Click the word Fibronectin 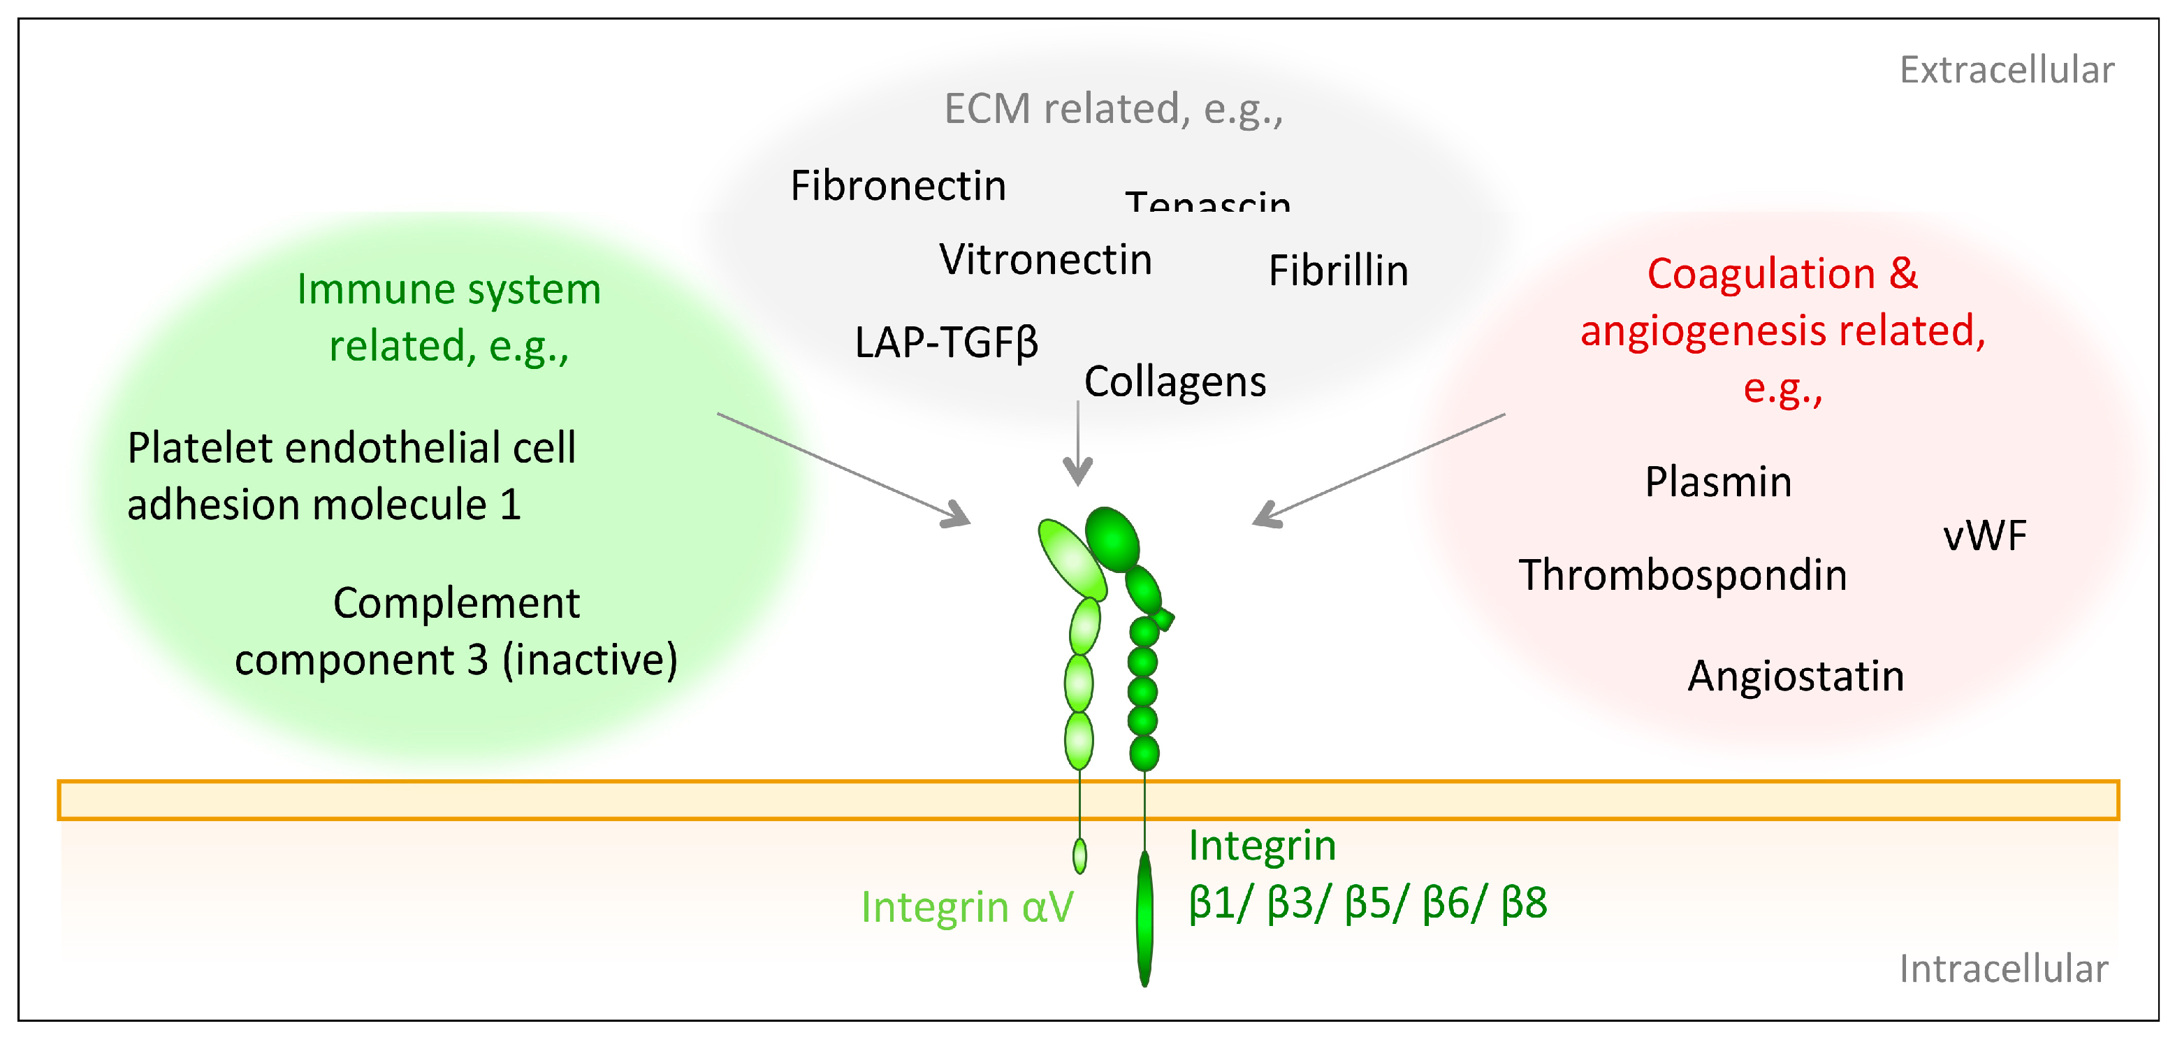click(x=898, y=186)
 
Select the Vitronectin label click(x=1045, y=259)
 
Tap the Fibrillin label click(x=1338, y=271)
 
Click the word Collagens click(x=1174, y=382)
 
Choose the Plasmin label click(x=1717, y=482)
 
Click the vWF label click(x=1984, y=535)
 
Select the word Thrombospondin click(x=1682, y=575)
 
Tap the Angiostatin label click(x=1795, y=676)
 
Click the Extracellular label click(x=2006, y=70)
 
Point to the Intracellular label click(x=2002, y=969)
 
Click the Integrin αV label click(x=967, y=908)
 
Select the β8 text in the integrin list click(x=1524, y=903)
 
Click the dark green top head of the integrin click(x=1112, y=539)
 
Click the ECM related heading click(x=1113, y=109)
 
